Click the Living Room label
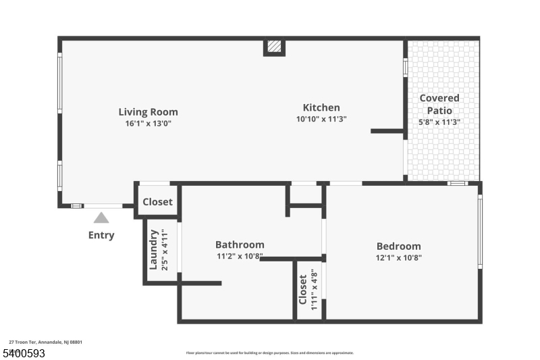[x=148, y=112]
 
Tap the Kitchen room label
[x=321, y=107]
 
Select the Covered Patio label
[x=439, y=104]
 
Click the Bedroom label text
[x=398, y=247]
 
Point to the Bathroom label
[x=240, y=245]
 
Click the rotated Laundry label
[x=153, y=250]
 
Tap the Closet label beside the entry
[x=157, y=202]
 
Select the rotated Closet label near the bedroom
[x=303, y=290]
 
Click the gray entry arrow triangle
[x=101, y=217]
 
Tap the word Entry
[x=101, y=236]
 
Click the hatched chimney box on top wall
[x=274, y=47]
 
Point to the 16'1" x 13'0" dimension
[x=148, y=124]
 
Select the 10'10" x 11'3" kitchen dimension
[x=321, y=120]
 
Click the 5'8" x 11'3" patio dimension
[x=439, y=122]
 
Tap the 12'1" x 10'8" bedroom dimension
[x=398, y=257]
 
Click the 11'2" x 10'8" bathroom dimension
[x=240, y=256]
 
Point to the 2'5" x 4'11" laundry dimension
[x=163, y=250]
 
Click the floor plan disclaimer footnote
[x=269, y=353]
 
